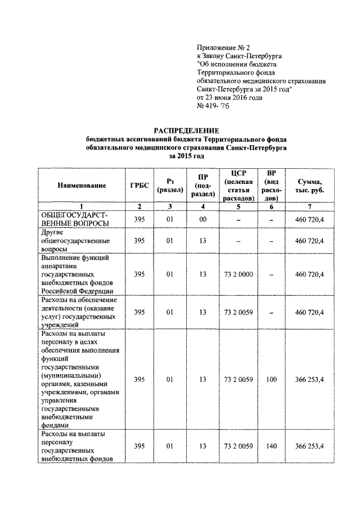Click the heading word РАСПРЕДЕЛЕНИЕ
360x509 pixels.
[186, 130]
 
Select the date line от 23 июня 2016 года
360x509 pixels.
[230, 97]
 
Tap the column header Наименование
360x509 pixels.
[82, 185]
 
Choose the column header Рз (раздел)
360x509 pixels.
[169, 185]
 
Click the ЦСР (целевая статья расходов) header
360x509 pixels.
[238, 185]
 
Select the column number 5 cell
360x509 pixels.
[238, 206]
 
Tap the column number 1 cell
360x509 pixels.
[82, 206]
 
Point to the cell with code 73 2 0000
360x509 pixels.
[238, 274]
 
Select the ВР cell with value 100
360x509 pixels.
[272, 380]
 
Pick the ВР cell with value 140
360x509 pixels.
[272, 446]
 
